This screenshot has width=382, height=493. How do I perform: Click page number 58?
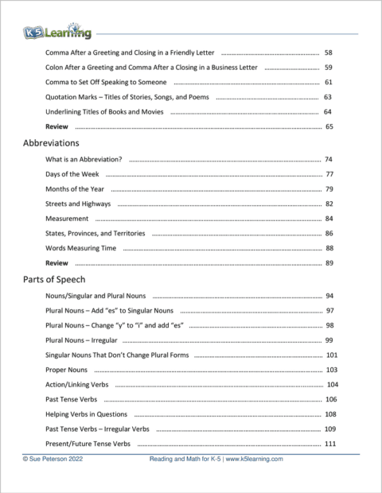coord(329,52)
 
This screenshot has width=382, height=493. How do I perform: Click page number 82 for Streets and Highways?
coord(329,204)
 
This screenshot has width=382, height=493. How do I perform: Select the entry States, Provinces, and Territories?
coord(95,234)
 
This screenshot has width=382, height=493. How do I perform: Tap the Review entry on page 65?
coord(57,127)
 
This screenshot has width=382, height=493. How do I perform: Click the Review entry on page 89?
coord(57,263)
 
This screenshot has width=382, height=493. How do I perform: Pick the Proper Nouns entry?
coord(68,370)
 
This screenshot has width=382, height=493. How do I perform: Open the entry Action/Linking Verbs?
coord(83,385)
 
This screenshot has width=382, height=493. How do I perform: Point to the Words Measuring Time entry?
coord(81,249)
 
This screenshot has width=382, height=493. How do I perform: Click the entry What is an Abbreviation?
coord(84,160)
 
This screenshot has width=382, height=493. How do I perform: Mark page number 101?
coord(332,355)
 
